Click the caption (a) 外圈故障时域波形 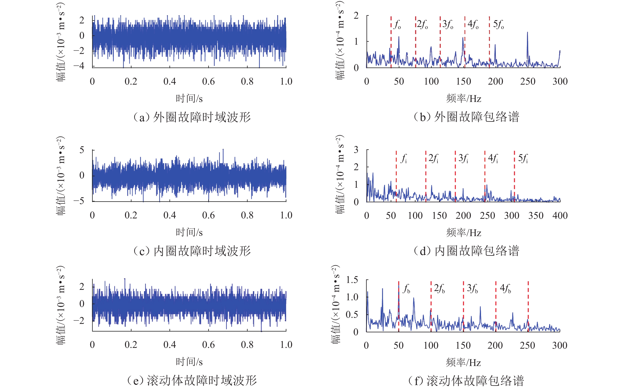pos(192,117)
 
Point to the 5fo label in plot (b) pos(498,24)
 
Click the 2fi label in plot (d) pos(433,158)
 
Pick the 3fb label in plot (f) pos(472,288)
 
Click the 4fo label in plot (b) pos(473,24)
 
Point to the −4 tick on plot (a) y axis pos(79,66)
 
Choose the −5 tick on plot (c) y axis pos(79,201)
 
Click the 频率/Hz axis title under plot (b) pos(464,99)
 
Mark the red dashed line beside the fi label pos(396,177)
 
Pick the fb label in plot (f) pos(406,288)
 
